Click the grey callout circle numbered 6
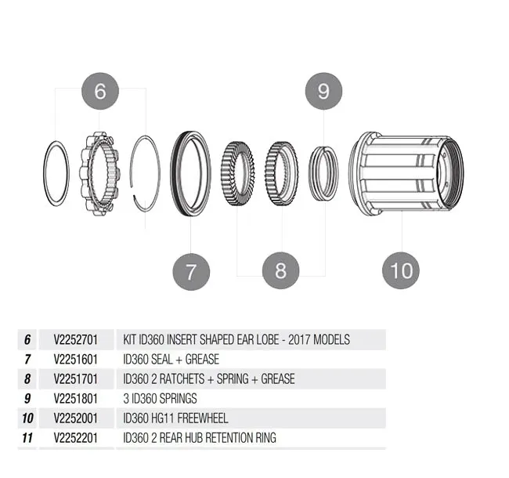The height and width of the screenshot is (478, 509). click(x=99, y=91)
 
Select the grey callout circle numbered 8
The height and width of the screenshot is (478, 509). click(x=280, y=271)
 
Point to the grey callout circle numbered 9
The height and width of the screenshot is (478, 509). click(x=323, y=91)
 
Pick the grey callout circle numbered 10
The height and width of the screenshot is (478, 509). click(x=400, y=271)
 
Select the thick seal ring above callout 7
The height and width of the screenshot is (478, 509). click(x=191, y=172)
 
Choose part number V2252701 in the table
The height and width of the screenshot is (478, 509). click(x=74, y=340)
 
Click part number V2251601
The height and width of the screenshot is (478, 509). click(x=74, y=360)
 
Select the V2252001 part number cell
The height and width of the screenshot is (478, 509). click(x=74, y=418)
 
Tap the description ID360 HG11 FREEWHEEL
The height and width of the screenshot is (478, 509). click(x=175, y=418)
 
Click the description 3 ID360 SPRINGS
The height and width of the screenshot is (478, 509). click(x=161, y=398)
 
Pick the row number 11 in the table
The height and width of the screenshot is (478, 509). click(x=27, y=437)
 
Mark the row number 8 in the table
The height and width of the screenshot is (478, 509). click(x=27, y=379)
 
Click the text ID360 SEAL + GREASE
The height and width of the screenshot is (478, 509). click(x=171, y=360)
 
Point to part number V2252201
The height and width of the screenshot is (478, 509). click(x=74, y=437)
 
